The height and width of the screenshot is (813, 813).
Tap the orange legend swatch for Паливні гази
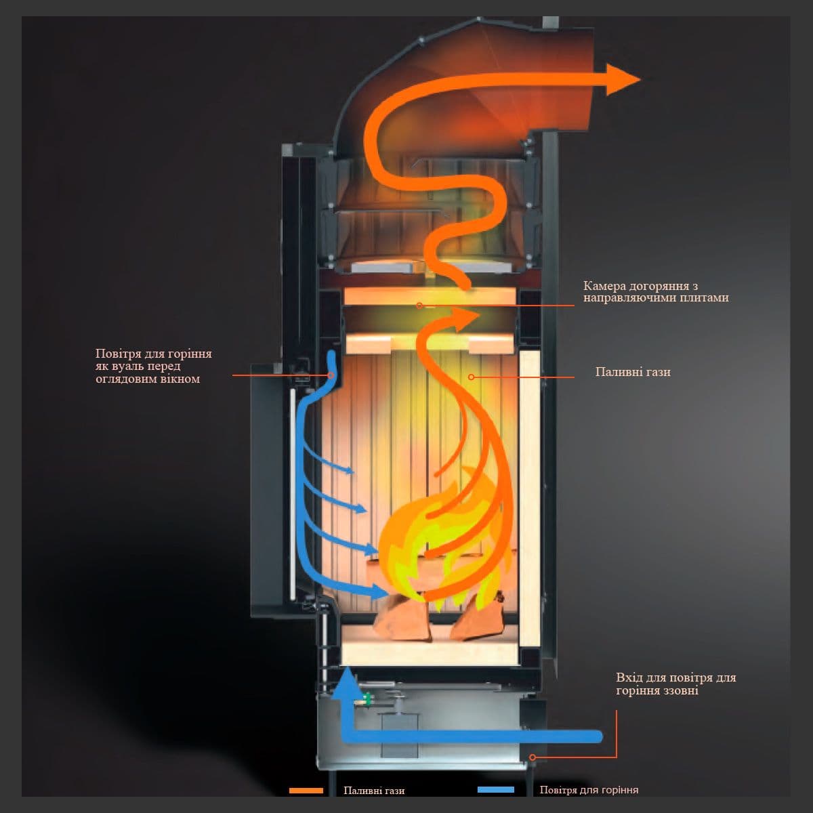pos(306,790)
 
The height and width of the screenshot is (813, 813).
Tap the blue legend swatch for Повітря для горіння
pos(495,790)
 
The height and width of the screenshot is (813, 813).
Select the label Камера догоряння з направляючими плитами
pos(655,292)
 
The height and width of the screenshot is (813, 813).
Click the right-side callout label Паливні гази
pos(633,372)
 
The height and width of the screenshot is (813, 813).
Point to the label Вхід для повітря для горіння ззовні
pos(675,684)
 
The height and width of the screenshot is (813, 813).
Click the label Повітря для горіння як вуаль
pos(153,366)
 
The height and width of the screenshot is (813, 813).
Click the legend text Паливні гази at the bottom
pos(374,791)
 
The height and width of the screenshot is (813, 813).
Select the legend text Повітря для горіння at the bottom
pos(589,791)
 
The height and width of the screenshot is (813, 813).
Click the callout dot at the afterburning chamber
pos(419,306)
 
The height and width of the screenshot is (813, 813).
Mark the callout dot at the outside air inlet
pos(533,757)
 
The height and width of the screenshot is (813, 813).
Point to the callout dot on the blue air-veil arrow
pos(331,375)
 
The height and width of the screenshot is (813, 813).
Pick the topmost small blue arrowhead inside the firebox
pos(349,470)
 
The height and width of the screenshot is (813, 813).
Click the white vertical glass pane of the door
pos(293,495)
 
